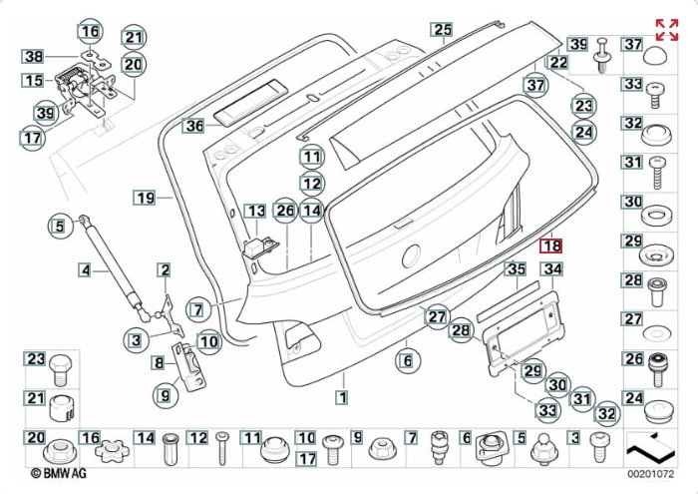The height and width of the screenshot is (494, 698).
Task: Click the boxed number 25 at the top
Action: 443,30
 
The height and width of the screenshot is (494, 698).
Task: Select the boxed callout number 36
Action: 193,126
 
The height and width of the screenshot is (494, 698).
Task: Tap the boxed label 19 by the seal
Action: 146,199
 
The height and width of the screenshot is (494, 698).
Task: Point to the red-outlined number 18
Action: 551,246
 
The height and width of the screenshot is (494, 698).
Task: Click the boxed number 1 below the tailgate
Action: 341,397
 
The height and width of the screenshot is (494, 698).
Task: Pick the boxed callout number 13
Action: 256,211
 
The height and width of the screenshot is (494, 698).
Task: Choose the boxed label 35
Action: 515,269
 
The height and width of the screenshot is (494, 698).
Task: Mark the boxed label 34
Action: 552,269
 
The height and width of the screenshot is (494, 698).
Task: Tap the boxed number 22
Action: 558,62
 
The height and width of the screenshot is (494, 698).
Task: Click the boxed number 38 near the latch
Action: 35,57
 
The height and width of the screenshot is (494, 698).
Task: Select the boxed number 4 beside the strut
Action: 86,269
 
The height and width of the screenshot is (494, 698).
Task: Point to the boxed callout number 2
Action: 164,269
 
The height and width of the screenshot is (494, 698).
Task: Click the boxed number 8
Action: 159,362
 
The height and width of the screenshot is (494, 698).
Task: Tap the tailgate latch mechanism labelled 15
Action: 76,80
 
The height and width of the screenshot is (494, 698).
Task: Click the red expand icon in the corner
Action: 666,29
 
